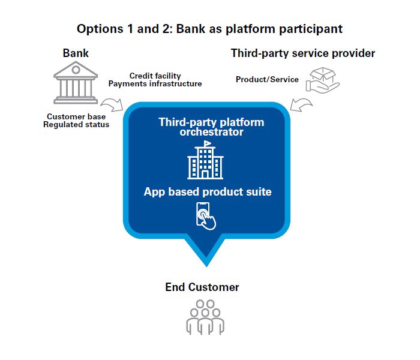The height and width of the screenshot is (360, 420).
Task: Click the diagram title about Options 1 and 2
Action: pos(209,28)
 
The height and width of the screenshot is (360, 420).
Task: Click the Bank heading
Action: pos(76,53)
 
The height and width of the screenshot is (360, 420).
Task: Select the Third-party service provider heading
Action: pos(302,53)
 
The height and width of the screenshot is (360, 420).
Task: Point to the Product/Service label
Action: pos(267,79)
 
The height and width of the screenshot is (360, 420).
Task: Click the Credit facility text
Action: pos(155,76)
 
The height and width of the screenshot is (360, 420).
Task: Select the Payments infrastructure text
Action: pos(155,84)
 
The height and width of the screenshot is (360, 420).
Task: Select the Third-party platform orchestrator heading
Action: pos(211,127)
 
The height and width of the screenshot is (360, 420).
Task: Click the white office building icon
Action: pos(205,161)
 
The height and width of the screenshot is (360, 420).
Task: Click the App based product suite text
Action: pos(208,192)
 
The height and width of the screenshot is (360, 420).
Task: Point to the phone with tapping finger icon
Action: pos(206,215)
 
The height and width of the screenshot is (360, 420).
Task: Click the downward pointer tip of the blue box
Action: pos(206,262)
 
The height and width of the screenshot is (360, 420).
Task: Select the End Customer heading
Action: pos(202,287)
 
